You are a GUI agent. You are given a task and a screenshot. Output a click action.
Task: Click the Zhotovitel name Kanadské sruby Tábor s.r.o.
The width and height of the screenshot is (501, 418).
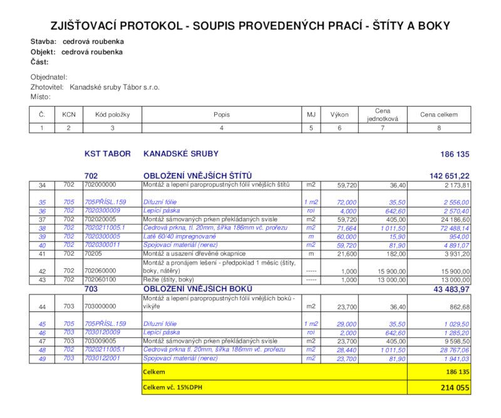click(115, 87)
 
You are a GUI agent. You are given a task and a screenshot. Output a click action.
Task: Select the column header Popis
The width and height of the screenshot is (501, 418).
click(222, 115)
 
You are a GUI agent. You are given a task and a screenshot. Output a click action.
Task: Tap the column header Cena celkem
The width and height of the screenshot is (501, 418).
click(438, 115)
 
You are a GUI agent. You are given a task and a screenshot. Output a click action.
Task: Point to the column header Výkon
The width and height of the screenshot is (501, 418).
click(339, 115)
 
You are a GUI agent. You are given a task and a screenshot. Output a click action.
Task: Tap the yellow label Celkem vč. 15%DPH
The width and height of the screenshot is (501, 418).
click(173, 387)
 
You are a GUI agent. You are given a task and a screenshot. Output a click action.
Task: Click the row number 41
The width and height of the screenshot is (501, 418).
click(43, 254)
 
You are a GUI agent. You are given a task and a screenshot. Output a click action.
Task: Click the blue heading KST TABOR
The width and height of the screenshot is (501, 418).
click(108, 154)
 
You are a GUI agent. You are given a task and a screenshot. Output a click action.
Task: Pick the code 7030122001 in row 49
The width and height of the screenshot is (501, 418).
click(101, 358)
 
